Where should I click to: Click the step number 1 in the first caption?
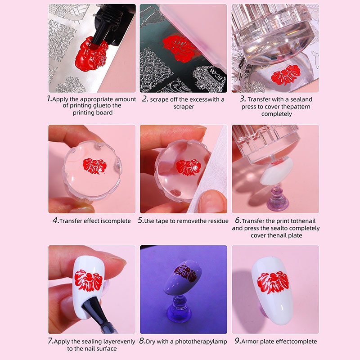(x=49, y=99)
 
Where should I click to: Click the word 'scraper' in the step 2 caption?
(x=184, y=107)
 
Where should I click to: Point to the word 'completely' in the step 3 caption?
(x=276, y=114)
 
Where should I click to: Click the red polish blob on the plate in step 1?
(x=91, y=55)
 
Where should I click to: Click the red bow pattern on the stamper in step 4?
(x=94, y=166)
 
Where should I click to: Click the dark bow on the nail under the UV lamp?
(x=185, y=273)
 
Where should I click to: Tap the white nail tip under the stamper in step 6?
(x=277, y=171)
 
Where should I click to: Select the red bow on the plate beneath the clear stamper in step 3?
(x=285, y=74)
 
